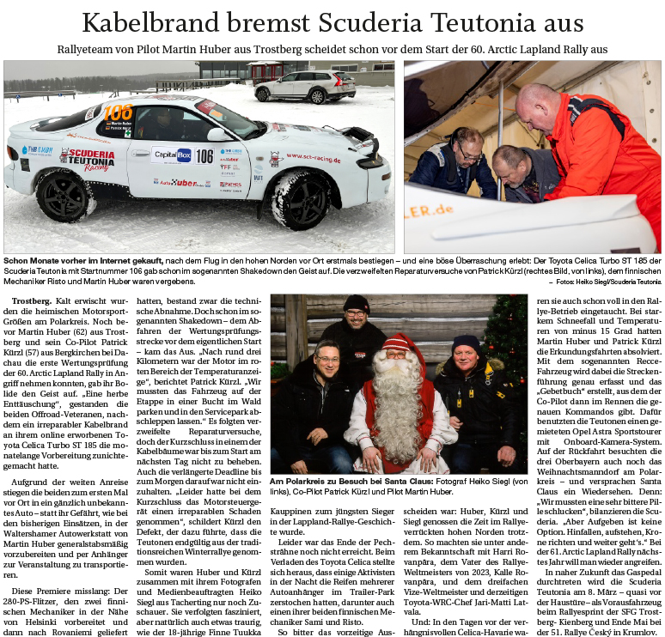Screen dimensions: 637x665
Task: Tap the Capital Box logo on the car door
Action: point(172,155)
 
